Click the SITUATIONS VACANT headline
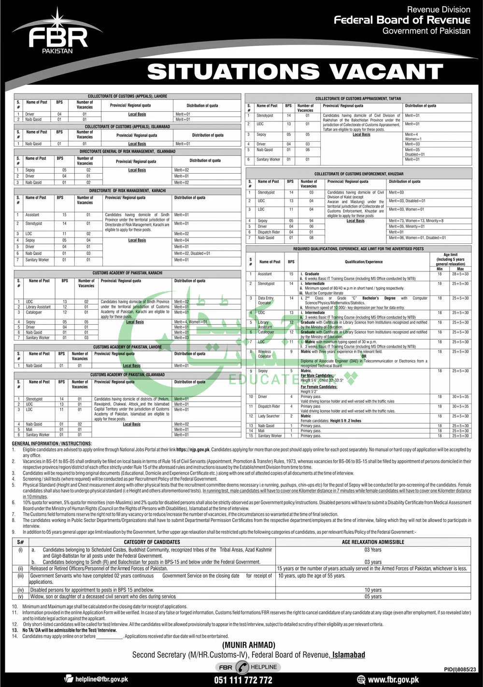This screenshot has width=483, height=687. pos(295,72)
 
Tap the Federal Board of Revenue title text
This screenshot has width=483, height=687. pos(402,20)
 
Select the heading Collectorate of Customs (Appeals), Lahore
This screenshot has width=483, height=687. pos(128,96)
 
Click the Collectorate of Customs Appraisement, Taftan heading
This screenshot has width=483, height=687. pos(358,98)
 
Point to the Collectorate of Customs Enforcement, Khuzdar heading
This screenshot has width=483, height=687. pos(358,174)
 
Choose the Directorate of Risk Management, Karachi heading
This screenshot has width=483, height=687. pos(128,191)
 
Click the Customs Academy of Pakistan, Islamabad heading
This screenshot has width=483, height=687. pos(128,374)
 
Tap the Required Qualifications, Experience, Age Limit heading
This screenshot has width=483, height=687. pos(358,249)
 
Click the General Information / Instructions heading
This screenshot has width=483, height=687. pos(52,443)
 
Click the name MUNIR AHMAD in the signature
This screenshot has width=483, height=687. pos(249,645)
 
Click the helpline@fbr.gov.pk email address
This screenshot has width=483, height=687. pos(101,679)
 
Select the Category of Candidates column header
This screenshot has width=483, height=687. pos(152,542)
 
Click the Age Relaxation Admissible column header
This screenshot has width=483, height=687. pos(373,542)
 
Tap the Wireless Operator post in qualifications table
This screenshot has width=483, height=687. pos(265,354)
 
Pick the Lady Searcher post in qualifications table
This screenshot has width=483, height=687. pos(269,416)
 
